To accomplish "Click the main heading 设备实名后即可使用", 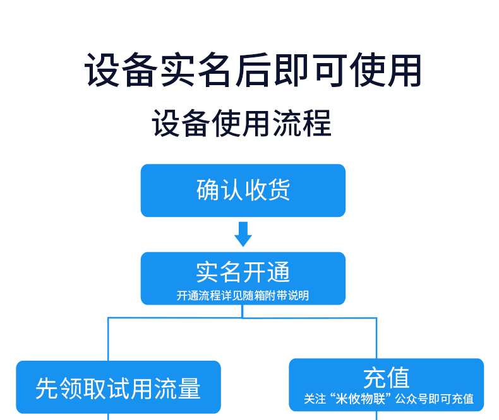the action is point(253,70).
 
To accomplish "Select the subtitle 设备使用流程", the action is point(241,123).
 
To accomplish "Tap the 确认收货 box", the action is point(243,190).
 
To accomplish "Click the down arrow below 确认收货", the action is point(243,234).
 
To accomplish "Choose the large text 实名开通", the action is point(243,272).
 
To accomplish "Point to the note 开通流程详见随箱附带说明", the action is point(243,296).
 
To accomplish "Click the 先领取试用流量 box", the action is point(118,387).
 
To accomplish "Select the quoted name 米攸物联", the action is point(361,399).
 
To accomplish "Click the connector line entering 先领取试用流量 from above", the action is point(108,339).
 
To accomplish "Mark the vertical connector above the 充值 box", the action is point(377,338).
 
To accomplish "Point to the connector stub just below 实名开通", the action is point(243,312).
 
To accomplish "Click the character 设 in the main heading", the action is point(102,70).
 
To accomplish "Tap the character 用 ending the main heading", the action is point(405,70).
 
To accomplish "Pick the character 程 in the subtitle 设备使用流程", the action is point(316,123).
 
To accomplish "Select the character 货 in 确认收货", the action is point(279,190).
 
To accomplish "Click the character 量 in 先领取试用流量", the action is point(189,388).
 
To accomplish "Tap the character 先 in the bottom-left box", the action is point(47,388).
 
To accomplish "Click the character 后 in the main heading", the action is point(253,70).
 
